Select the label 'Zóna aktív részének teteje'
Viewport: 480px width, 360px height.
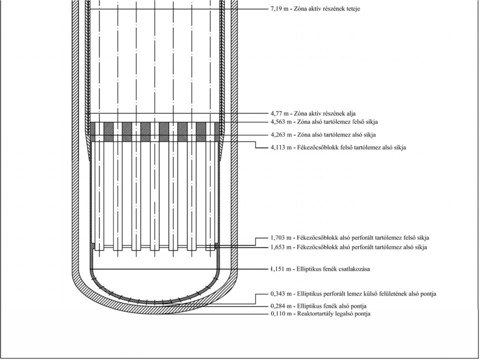[327, 9]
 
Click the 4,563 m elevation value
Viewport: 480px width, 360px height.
[281, 122]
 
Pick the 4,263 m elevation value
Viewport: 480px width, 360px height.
[281, 135]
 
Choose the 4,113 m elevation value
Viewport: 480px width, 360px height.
[281, 148]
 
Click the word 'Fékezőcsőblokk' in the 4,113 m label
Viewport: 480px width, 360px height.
[316, 147]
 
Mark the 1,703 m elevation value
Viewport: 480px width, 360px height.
[281, 238]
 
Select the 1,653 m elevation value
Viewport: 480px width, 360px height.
[281, 247]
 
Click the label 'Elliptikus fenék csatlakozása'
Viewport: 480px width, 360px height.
[333, 269]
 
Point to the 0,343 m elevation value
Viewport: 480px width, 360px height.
[281, 294]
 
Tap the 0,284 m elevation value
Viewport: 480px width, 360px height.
[281, 306]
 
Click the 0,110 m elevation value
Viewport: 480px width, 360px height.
[281, 314]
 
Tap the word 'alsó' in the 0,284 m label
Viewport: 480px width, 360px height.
[344, 306]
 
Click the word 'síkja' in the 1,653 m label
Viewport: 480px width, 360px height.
[420, 247]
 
